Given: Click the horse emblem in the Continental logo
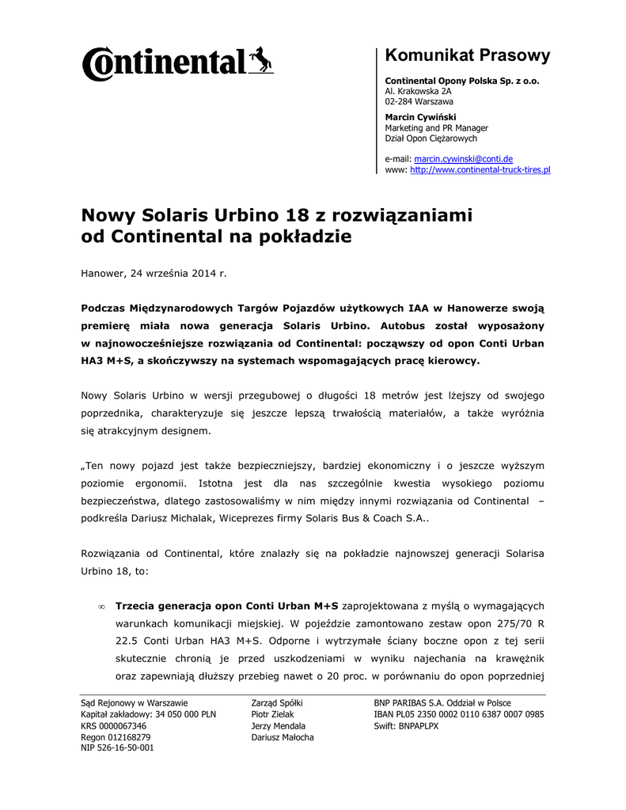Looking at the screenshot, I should click(261, 59).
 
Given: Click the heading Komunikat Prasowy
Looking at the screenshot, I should click(467, 55).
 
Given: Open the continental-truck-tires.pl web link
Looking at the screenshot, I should click(480, 170).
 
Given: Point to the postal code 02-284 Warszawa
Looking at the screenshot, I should click(419, 102).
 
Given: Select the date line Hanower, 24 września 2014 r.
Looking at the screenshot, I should click(154, 273).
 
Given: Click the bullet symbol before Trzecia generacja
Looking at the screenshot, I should click(101, 607).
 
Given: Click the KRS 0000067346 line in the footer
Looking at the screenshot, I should click(113, 725).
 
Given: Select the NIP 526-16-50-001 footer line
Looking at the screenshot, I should click(117, 748).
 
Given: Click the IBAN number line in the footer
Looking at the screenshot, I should click(458, 714).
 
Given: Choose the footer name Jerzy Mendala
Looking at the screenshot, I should click(278, 725).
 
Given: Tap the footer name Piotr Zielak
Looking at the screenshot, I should click(272, 714).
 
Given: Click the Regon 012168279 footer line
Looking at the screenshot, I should click(116, 736).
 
